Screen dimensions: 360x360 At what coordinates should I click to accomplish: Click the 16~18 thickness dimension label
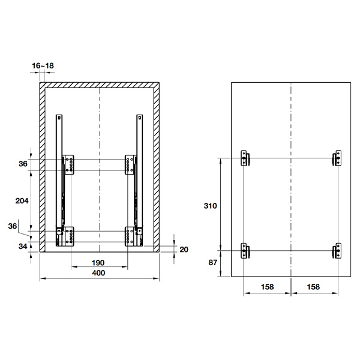[43, 65]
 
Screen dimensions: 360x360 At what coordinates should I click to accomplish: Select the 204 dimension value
[22, 201]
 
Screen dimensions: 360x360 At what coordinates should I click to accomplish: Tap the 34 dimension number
[23, 247]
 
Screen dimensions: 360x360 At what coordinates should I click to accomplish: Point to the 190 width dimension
[98, 263]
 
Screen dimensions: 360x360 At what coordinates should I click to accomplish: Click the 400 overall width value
[98, 273]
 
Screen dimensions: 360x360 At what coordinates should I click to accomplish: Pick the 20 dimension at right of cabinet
[184, 250]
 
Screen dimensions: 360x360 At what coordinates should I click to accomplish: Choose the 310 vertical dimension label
[211, 206]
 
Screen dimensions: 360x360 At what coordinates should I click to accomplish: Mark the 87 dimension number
[212, 262]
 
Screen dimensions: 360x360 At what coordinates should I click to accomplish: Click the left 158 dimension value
[267, 287]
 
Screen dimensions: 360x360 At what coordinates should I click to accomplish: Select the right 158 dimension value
[313, 287]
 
